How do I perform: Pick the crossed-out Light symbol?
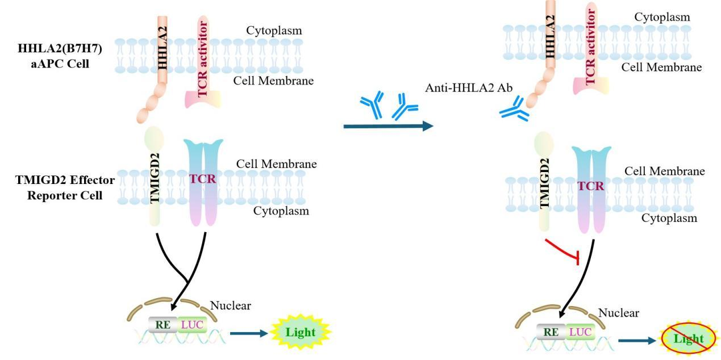click(688, 340)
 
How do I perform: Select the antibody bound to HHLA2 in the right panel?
click(514, 108)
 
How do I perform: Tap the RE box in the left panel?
click(162, 325)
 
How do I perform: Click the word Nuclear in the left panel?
click(231, 306)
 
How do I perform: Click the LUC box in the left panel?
click(191, 325)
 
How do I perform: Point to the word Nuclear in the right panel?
click(619, 313)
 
